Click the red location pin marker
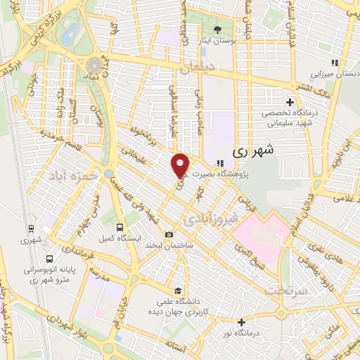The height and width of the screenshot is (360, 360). click(x=181, y=165)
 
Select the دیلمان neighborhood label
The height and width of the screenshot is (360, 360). click(x=199, y=69)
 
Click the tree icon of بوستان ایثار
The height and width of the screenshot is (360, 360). click(x=217, y=30)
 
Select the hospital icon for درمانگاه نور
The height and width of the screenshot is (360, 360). click(x=242, y=322)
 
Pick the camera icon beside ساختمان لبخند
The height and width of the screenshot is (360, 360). click(x=169, y=235)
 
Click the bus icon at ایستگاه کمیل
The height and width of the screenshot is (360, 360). click(x=120, y=228)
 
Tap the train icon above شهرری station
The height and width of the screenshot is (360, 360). click(x=30, y=228)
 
